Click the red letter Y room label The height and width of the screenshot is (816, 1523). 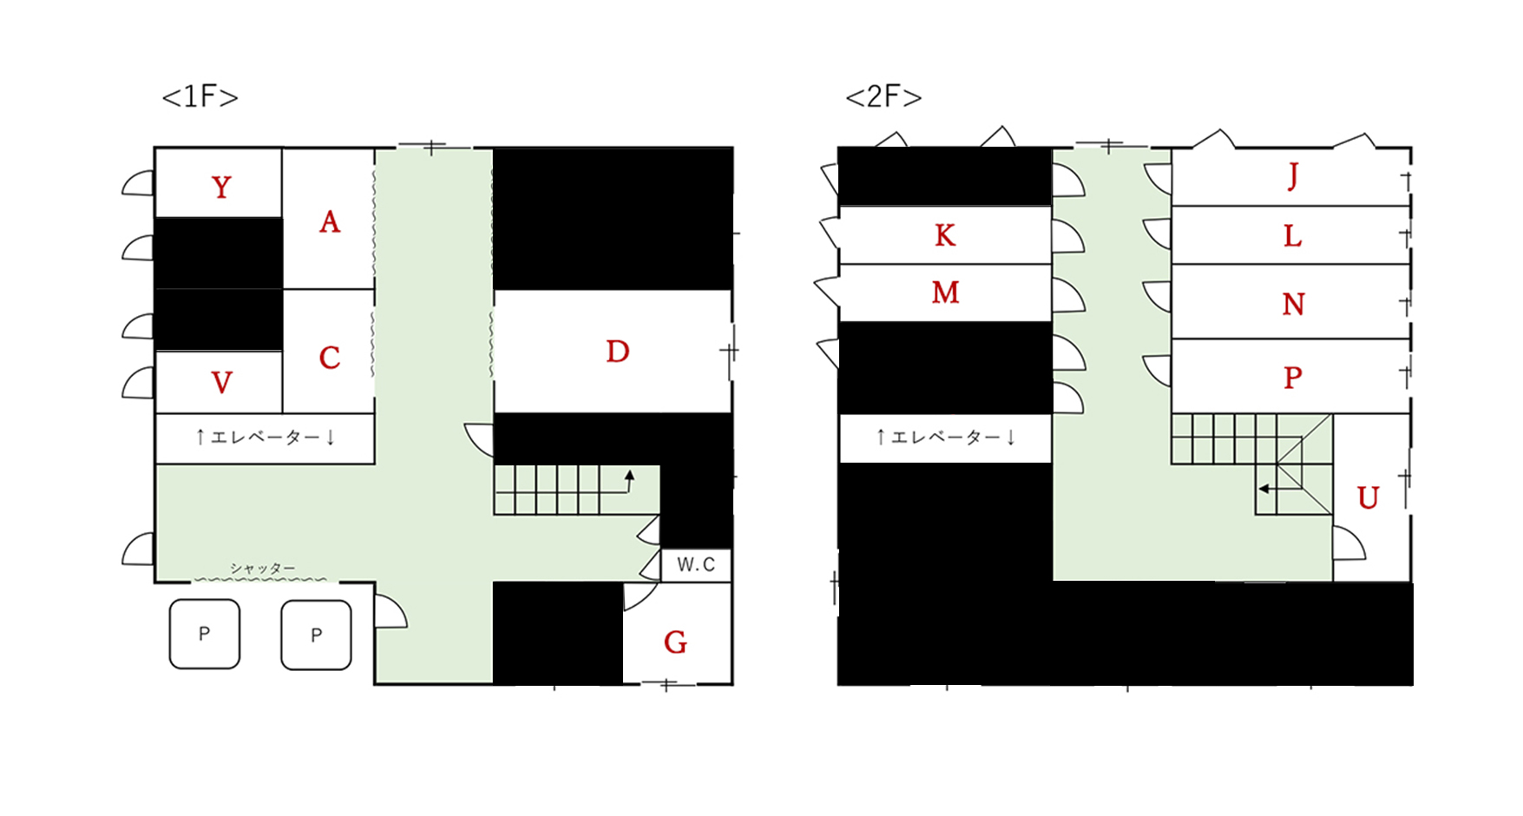221,188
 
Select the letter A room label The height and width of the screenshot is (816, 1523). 330,222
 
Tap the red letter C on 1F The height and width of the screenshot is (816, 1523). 330,358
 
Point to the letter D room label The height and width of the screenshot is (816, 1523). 618,352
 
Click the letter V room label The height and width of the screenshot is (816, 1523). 221,383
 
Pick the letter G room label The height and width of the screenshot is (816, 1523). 676,642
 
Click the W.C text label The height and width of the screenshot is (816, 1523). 696,565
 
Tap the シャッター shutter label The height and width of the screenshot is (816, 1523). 262,569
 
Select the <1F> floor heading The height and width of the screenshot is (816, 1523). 200,96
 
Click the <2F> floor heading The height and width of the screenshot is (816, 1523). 883,96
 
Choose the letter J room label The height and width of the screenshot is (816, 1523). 1293,176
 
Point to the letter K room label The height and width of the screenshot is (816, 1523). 945,235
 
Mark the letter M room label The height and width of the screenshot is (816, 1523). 945,293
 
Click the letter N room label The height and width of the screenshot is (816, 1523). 1293,304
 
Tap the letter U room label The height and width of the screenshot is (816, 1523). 1369,498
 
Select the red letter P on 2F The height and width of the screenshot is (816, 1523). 1293,378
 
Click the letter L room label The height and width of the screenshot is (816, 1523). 1293,236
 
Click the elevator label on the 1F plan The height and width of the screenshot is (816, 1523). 265,437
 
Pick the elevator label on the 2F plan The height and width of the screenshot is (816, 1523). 945,437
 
